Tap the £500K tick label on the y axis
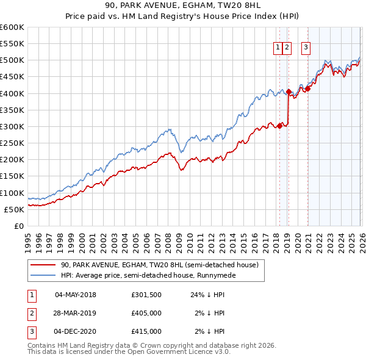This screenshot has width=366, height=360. click(x=12, y=60)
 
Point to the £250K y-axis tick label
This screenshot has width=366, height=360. click(x=12, y=143)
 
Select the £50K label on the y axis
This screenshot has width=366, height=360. click(x=15, y=209)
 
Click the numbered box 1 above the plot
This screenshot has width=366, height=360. click(x=278, y=47)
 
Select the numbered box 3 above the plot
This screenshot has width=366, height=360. click(x=306, y=47)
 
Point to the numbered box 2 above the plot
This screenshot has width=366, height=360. click(x=287, y=47)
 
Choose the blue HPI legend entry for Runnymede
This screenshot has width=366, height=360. click(x=146, y=275)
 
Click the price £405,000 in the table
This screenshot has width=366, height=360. click(x=146, y=314)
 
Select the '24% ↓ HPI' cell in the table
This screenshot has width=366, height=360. click(x=207, y=295)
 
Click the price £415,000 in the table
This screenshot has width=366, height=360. click(x=146, y=331)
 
